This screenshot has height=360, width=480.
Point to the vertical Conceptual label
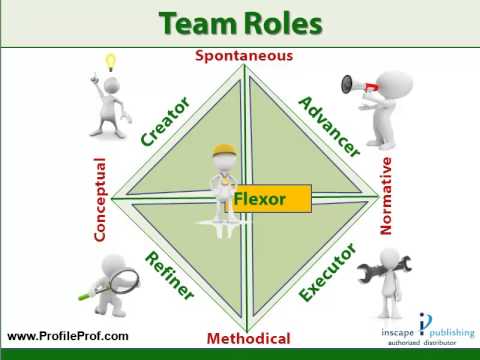pyautogui.click(x=100, y=199)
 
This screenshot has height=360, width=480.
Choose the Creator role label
pyautogui.click(x=165, y=121)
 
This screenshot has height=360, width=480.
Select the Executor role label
pyautogui.click(x=329, y=272)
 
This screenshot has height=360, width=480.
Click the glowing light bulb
pyautogui.click(x=111, y=63)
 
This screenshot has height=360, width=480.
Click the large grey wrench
pyautogui.click(x=409, y=270)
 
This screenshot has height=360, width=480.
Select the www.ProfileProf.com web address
pyautogui.click(x=68, y=335)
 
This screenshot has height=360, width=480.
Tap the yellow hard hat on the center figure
pyautogui.click(x=225, y=151)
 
